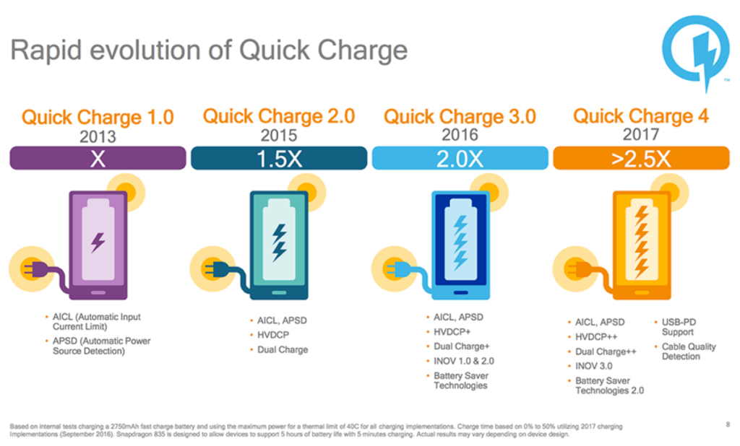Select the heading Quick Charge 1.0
pyautogui.click(x=98, y=117)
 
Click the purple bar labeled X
pyautogui.click(x=98, y=158)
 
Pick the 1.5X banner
pyautogui.click(x=279, y=158)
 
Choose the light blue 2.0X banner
pyautogui.click(x=460, y=158)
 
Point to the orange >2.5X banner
pyautogui.click(x=641, y=158)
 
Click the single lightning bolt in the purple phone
pyautogui.click(x=98, y=242)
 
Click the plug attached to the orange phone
pyautogui.click(x=576, y=270)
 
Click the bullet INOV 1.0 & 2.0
pyautogui.click(x=463, y=361)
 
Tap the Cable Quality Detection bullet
pyautogui.click(x=688, y=351)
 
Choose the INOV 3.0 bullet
pyautogui.click(x=595, y=366)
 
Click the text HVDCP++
pyautogui.click(x=599, y=336)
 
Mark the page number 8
pyautogui.click(x=727, y=424)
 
